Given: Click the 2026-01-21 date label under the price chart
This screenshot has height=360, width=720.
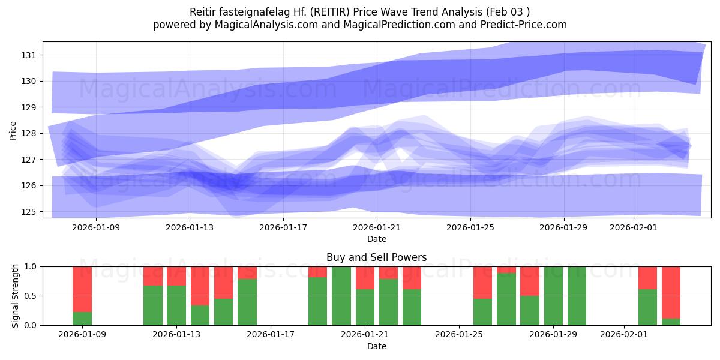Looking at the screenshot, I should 376,227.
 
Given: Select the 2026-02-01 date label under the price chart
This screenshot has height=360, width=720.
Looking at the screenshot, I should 634,227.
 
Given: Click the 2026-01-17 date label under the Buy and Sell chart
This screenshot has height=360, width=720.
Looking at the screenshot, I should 271,335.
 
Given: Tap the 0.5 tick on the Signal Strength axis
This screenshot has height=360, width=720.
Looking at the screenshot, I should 30,296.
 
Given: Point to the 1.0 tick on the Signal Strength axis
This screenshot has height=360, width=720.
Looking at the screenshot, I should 30,266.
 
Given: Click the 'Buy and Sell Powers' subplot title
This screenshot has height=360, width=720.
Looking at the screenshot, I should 376,257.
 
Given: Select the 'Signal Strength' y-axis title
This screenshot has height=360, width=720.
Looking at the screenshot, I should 16,296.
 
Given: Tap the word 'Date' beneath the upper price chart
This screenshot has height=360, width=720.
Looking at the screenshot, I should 376,239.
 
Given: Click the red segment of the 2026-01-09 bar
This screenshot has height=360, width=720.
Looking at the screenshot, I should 82,289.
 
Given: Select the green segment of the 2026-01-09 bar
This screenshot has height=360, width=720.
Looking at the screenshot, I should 82,319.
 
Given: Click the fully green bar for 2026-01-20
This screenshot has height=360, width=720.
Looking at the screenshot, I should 341,296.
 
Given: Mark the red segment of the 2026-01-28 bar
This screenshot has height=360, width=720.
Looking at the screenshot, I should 530,281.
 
